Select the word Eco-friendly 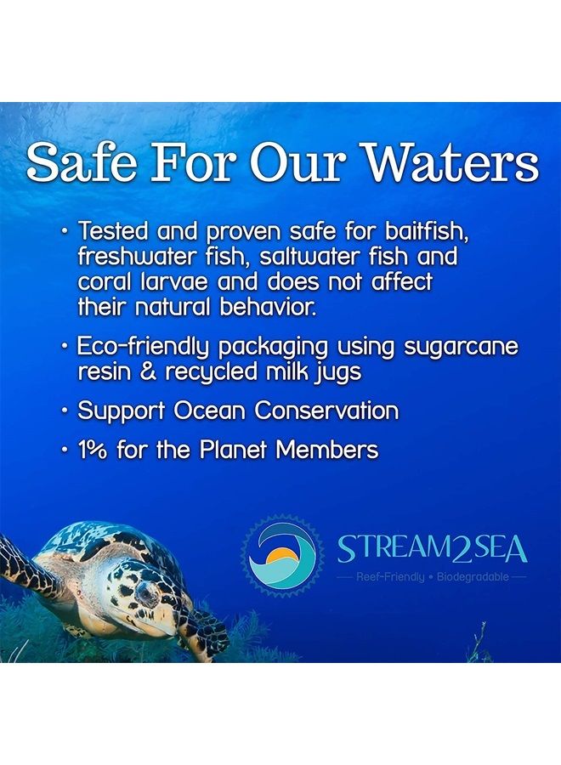[144, 346]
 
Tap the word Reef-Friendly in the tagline [390, 577]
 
